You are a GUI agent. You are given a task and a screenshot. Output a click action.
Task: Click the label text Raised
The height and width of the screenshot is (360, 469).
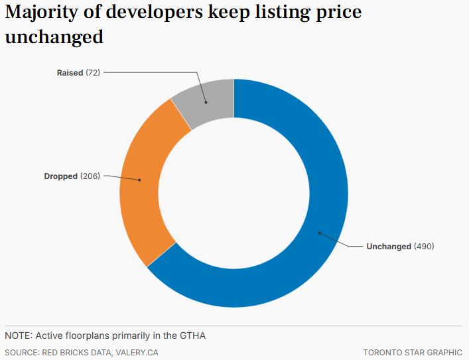tap(70, 72)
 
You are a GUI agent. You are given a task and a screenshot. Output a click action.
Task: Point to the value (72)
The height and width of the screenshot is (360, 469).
tap(93, 72)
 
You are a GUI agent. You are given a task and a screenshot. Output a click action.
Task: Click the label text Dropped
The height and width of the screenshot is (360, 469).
tap(60, 176)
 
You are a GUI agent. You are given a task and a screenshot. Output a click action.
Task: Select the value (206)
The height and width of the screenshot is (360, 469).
tap(90, 176)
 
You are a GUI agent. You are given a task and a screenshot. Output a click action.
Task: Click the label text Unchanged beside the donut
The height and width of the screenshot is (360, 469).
tap(389, 247)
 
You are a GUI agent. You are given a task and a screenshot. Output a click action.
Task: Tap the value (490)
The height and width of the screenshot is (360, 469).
tap(424, 247)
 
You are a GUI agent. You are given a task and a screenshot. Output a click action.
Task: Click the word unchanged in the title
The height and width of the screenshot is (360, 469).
tap(54, 37)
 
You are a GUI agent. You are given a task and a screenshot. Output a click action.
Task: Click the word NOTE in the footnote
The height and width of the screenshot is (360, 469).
tap(18, 335)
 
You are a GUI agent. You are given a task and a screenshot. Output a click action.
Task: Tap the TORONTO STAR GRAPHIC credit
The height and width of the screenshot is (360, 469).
tap(413, 353)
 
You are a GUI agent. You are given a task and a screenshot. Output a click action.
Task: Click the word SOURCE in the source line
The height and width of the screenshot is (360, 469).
tap(22, 353)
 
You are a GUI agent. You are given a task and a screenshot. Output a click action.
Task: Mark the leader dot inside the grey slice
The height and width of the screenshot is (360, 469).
tap(205, 103)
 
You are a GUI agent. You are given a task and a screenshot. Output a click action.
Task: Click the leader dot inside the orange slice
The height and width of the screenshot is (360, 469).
tap(139, 180)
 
